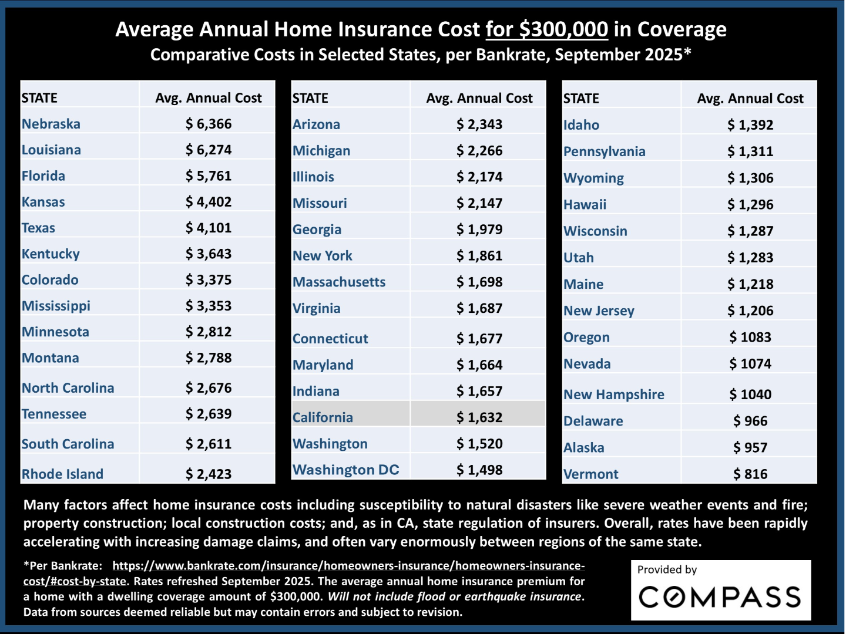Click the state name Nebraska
point(51,124)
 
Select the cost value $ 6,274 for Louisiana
point(209,150)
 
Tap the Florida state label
point(43,176)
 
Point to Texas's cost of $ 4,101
point(209,228)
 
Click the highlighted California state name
point(323,417)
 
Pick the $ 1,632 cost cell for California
point(479,417)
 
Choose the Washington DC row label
point(345,470)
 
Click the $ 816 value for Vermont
point(750,474)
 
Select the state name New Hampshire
point(614,394)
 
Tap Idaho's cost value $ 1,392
point(750,124)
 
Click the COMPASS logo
point(720,597)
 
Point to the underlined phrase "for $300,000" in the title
point(546,29)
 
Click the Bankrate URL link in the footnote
point(348,566)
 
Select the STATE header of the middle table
point(310,98)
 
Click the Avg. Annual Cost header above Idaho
point(750,99)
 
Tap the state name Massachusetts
point(339,282)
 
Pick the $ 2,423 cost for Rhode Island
point(209,474)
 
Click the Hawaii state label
point(585,204)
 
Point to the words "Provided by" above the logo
point(667,569)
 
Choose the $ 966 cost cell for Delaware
point(750,421)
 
